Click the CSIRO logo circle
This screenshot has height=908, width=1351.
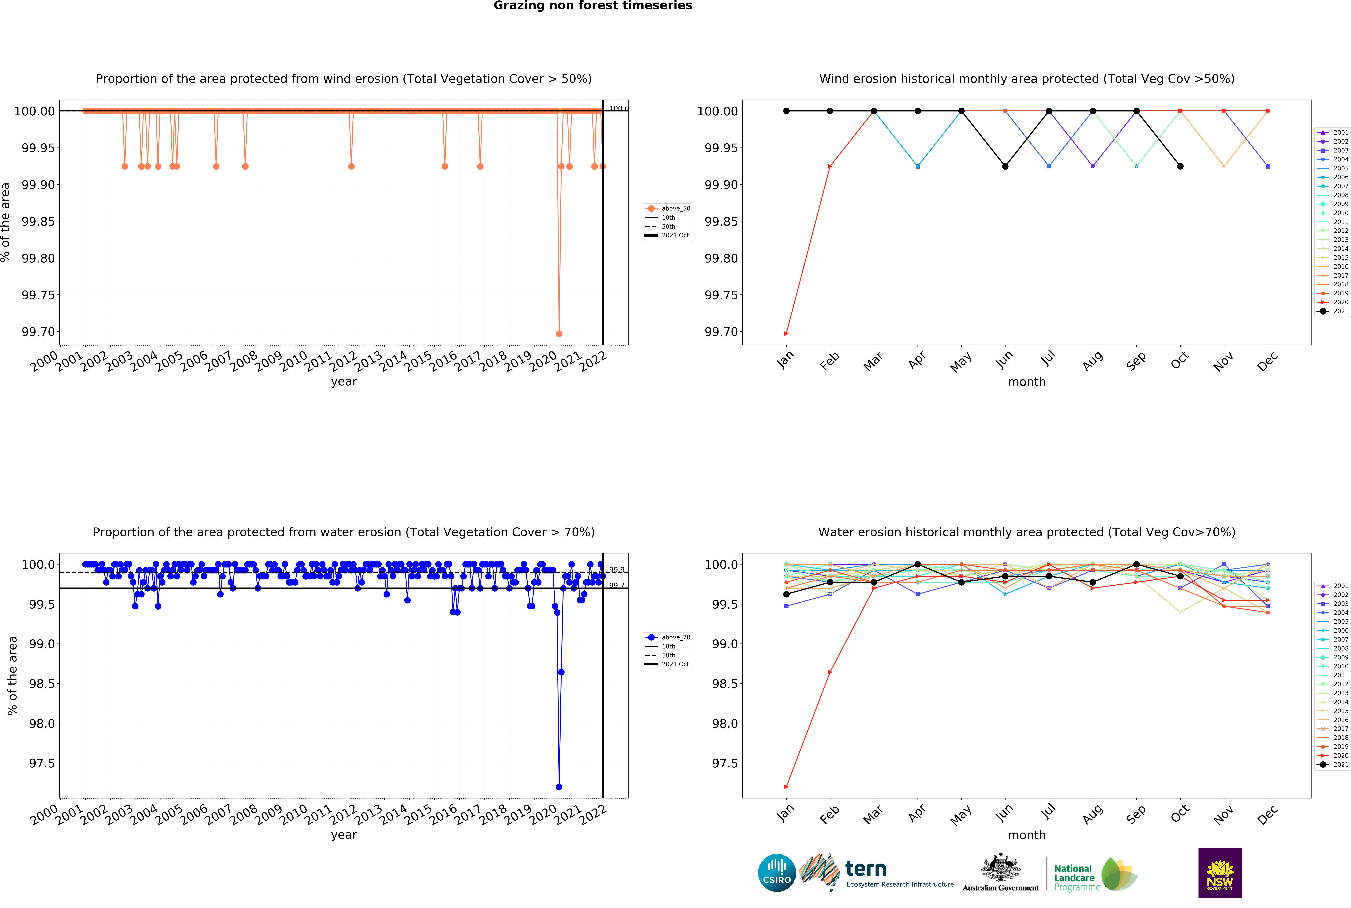(777, 873)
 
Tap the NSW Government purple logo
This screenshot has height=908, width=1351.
(1220, 873)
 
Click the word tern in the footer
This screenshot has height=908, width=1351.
(866, 869)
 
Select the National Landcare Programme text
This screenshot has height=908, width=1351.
(1074, 877)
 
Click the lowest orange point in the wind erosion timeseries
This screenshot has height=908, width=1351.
(559, 334)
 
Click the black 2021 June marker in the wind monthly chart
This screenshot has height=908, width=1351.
(1005, 166)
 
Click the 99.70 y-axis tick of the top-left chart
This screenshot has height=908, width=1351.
(38, 332)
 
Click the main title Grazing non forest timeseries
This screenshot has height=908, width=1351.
(592, 6)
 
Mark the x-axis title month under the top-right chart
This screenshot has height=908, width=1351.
(1027, 382)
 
